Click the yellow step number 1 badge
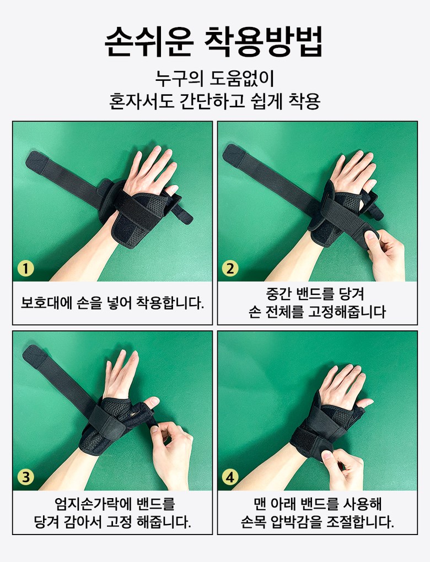(26, 268)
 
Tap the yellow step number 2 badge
(230, 268)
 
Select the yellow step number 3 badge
(26, 477)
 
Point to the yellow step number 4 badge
(230, 477)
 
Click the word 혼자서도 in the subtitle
(142, 101)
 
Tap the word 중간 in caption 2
(278, 294)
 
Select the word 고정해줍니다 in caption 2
(347, 312)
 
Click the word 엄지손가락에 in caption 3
(93, 504)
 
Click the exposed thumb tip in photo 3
(153, 402)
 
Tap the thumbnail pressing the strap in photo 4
(326, 455)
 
